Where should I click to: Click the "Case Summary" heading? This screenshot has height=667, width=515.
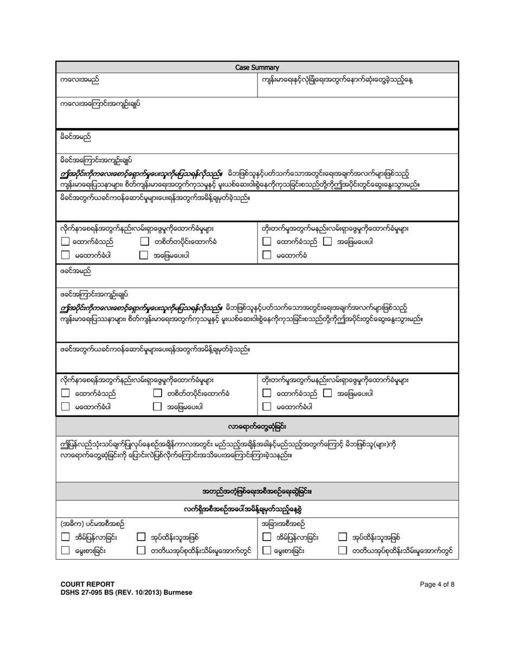(257, 68)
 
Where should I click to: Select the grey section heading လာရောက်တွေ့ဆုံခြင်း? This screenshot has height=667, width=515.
(257, 424)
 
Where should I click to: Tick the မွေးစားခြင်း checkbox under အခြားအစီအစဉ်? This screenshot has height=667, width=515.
(267, 550)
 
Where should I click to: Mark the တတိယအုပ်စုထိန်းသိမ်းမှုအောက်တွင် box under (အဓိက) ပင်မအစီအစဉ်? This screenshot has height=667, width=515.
(140, 550)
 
